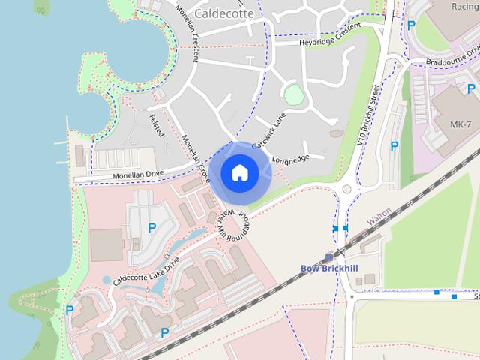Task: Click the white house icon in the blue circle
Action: [x=239, y=172]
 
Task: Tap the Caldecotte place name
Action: [x=223, y=13]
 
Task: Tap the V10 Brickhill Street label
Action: [x=370, y=112]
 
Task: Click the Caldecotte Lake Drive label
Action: [x=146, y=272]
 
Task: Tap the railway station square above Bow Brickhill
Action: [x=329, y=256]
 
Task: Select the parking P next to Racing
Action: [x=410, y=25]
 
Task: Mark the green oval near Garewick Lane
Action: [x=293, y=94]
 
